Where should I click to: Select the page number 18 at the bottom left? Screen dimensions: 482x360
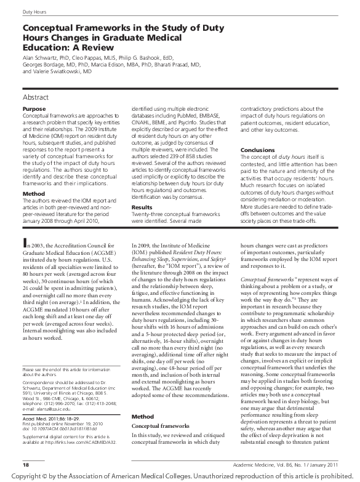click(26, 462)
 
